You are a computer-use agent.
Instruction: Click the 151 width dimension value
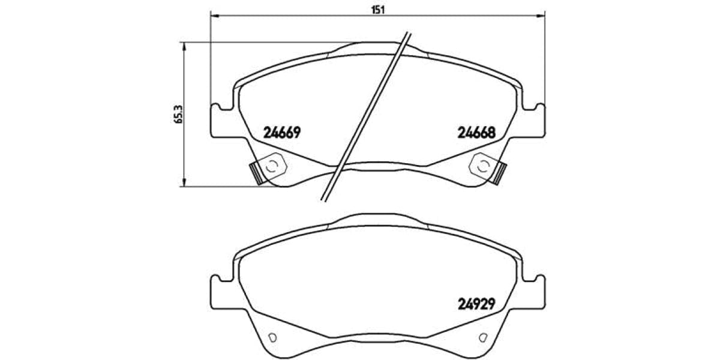click(x=377, y=8)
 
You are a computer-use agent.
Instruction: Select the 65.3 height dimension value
click(x=178, y=113)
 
